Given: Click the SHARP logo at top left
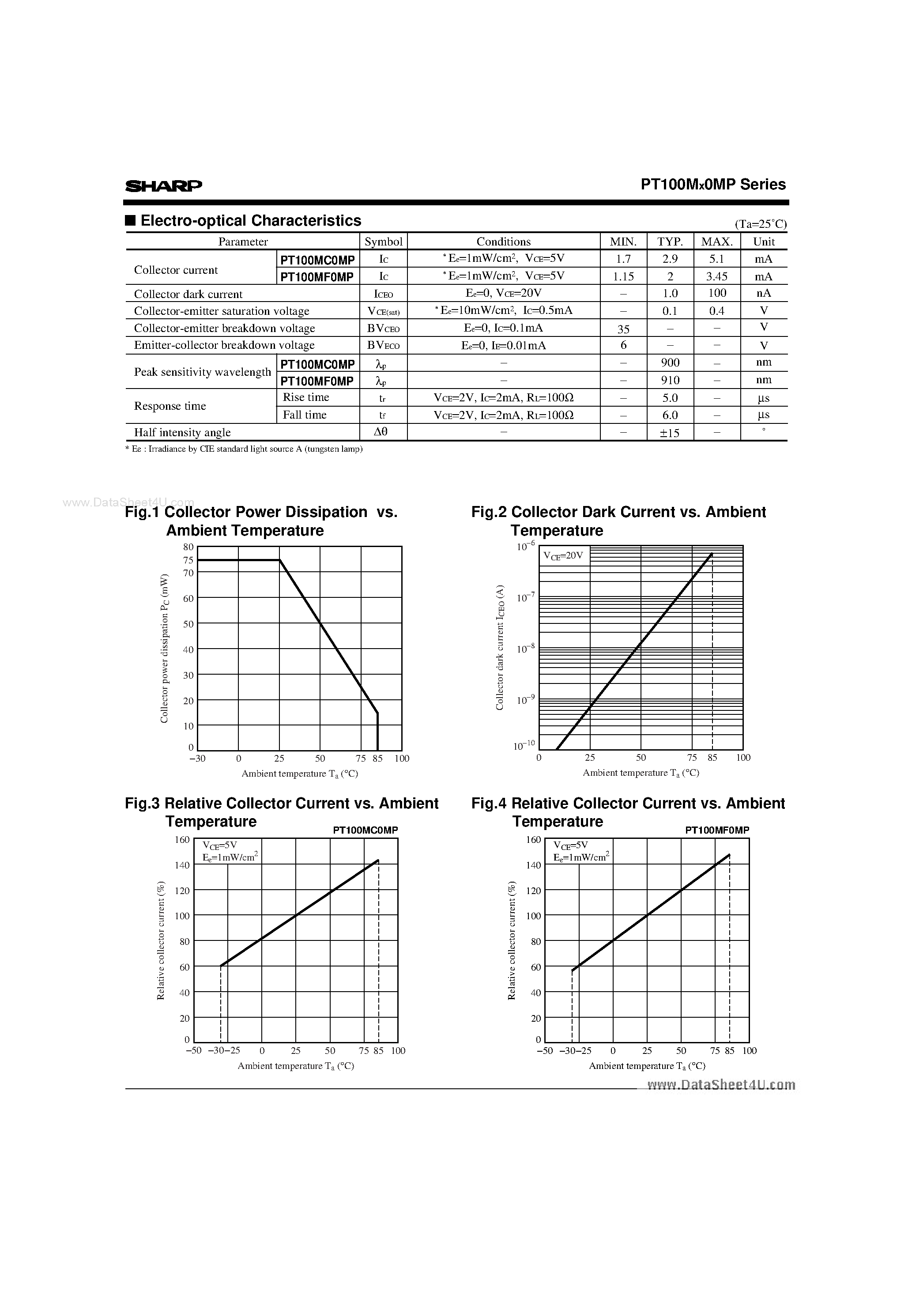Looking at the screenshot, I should pyautogui.click(x=163, y=185).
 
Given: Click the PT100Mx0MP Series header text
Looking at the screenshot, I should pyautogui.click(x=713, y=185).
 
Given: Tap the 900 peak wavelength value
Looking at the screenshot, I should pyautogui.click(x=670, y=362).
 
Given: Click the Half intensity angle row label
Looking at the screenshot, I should pyautogui.click(x=182, y=432).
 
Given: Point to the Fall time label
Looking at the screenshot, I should pyautogui.click(x=304, y=415).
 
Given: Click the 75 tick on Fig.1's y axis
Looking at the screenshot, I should pyautogui.click(x=188, y=560).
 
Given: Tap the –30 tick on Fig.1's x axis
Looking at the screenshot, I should pyautogui.click(x=197, y=759).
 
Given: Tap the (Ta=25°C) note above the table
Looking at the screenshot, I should pyautogui.click(x=760, y=224).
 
